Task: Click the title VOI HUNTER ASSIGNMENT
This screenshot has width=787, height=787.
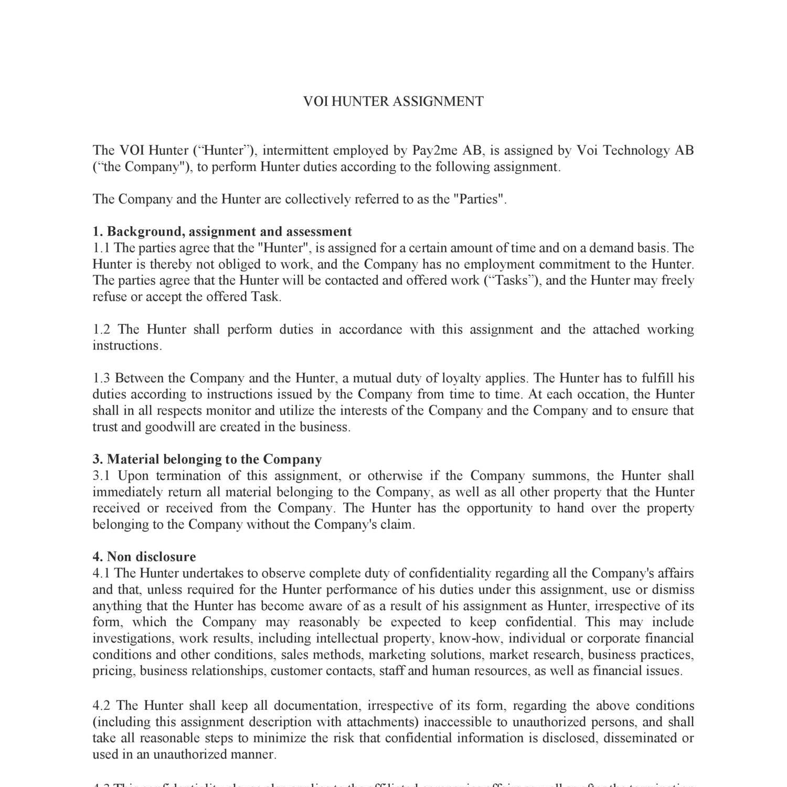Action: (x=393, y=101)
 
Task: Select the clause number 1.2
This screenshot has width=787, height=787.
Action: (x=102, y=329)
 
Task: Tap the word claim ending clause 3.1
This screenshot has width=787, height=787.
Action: (x=397, y=525)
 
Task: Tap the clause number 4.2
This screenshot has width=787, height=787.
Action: (x=102, y=706)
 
